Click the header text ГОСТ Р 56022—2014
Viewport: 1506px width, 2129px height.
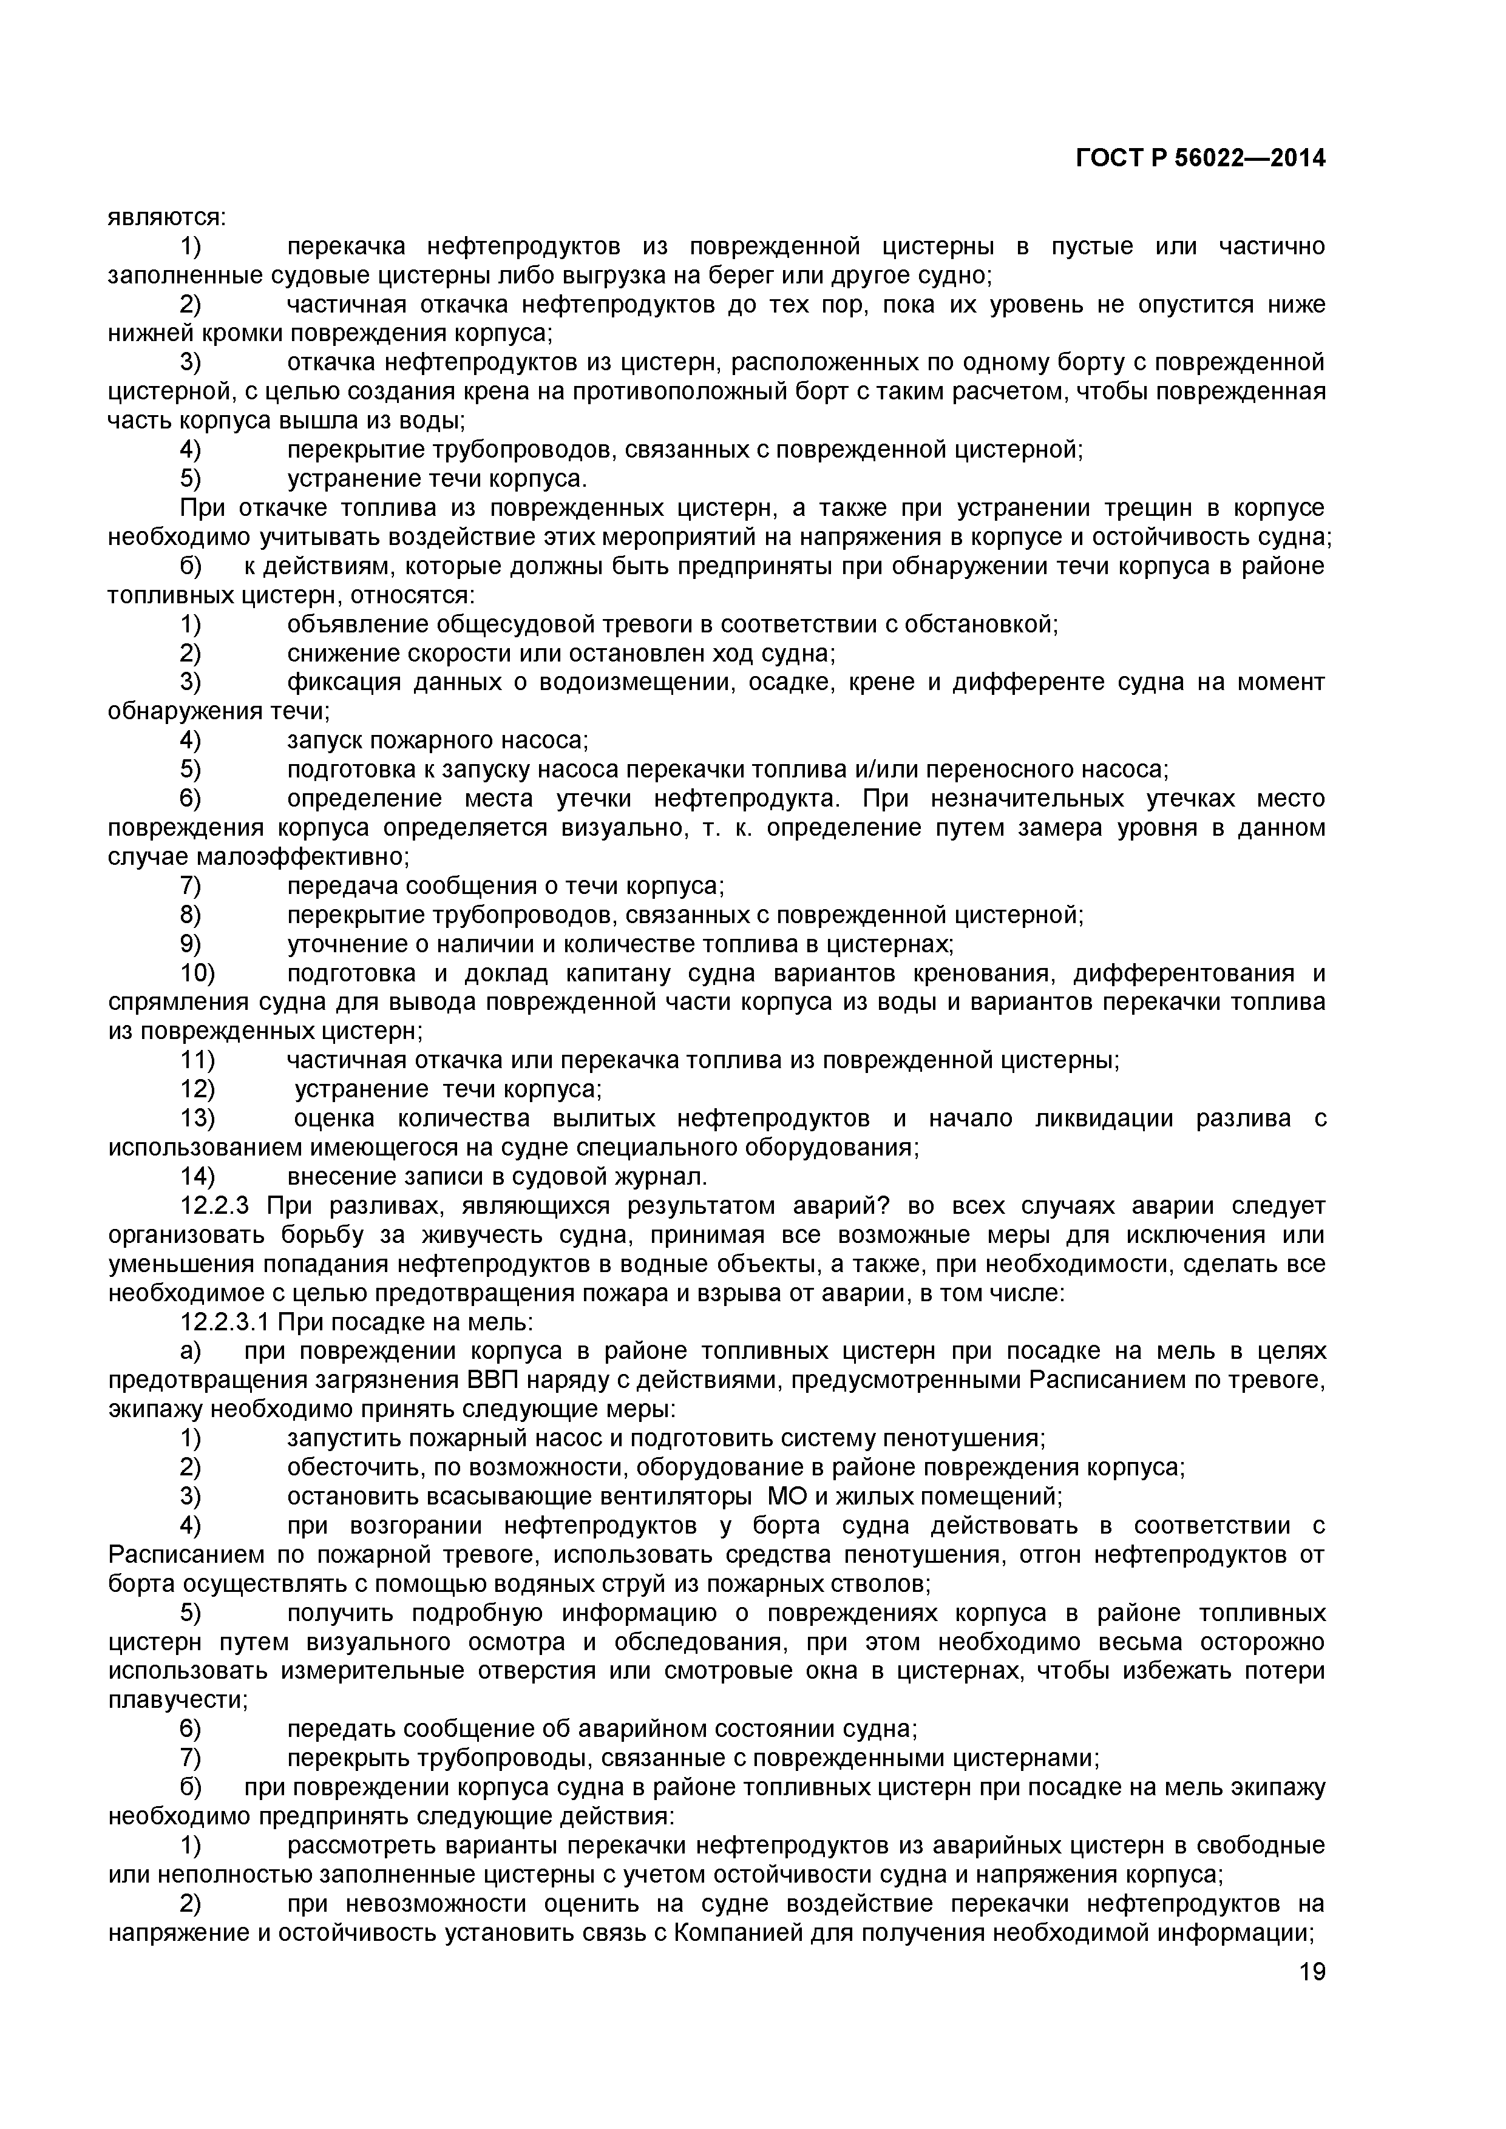coord(1200,160)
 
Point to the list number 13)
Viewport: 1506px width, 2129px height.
coord(197,1119)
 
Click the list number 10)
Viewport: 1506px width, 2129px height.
coord(197,973)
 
